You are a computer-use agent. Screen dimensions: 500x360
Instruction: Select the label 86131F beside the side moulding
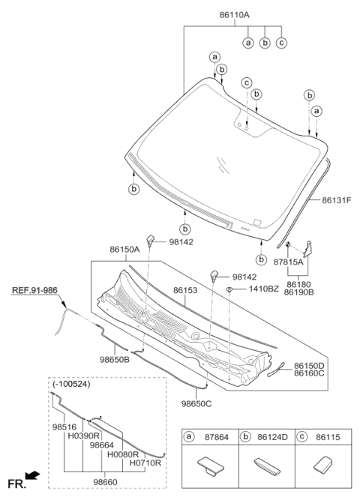tap(336, 200)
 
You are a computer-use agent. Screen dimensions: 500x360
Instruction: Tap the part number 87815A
tap(288, 262)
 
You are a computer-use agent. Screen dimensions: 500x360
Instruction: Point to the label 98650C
tap(198, 403)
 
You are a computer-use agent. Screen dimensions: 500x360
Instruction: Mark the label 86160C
tap(310, 373)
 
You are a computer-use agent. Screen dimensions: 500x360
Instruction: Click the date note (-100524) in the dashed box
tap(71, 385)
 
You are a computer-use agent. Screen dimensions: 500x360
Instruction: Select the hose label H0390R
tap(83, 435)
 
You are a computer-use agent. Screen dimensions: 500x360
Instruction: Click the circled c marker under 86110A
tap(281, 43)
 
